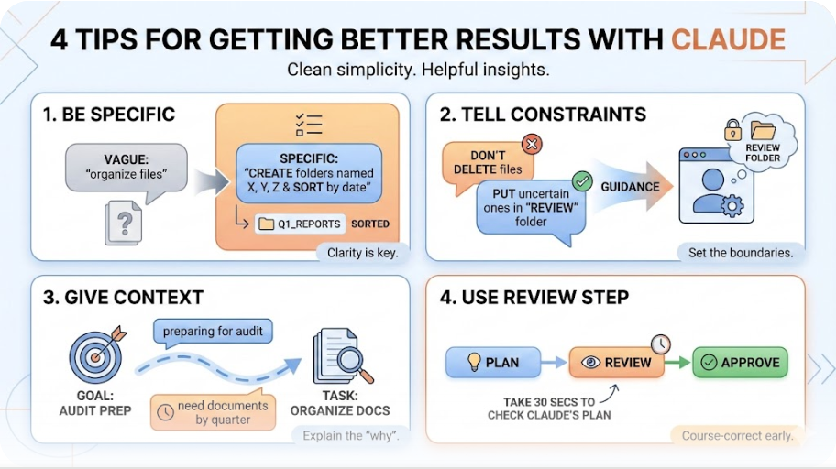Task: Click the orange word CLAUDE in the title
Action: [x=728, y=40]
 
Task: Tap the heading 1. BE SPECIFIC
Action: [x=108, y=115]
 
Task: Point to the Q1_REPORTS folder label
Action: [x=302, y=224]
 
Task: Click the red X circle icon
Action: [x=532, y=144]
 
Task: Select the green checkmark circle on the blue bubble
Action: [x=581, y=180]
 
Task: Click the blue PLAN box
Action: [x=491, y=363]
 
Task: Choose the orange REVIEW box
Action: [x=616, y=363]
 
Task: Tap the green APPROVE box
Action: [x=740, y=363]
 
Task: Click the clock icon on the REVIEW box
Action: [x=660, y=344]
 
